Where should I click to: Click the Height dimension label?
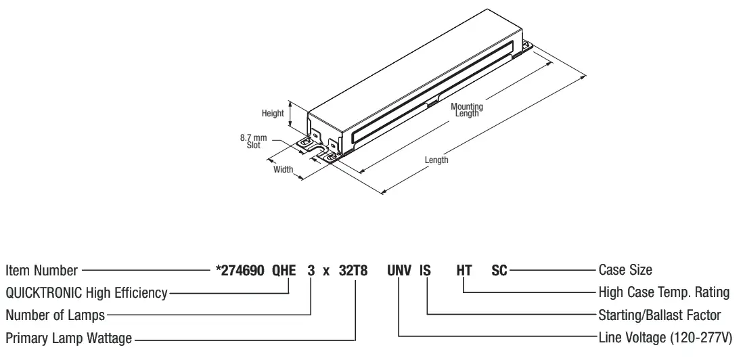(273, 114)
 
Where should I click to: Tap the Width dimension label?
(283, 169)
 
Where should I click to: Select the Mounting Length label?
(467, 110)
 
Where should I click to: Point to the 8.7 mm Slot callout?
(253, 141)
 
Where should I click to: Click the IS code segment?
(425, 271)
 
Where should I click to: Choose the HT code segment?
(464, 271)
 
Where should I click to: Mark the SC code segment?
(499, 271)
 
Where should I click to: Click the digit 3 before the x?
(311, 271)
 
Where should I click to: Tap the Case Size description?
(625, 271)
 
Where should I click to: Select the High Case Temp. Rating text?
(664, 293)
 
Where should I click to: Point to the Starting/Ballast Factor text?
(660, 315)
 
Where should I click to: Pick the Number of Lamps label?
(55, 315)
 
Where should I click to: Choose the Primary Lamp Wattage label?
(68, 337)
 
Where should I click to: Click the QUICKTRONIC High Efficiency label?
(86, 293)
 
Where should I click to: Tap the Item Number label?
(41, 271)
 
